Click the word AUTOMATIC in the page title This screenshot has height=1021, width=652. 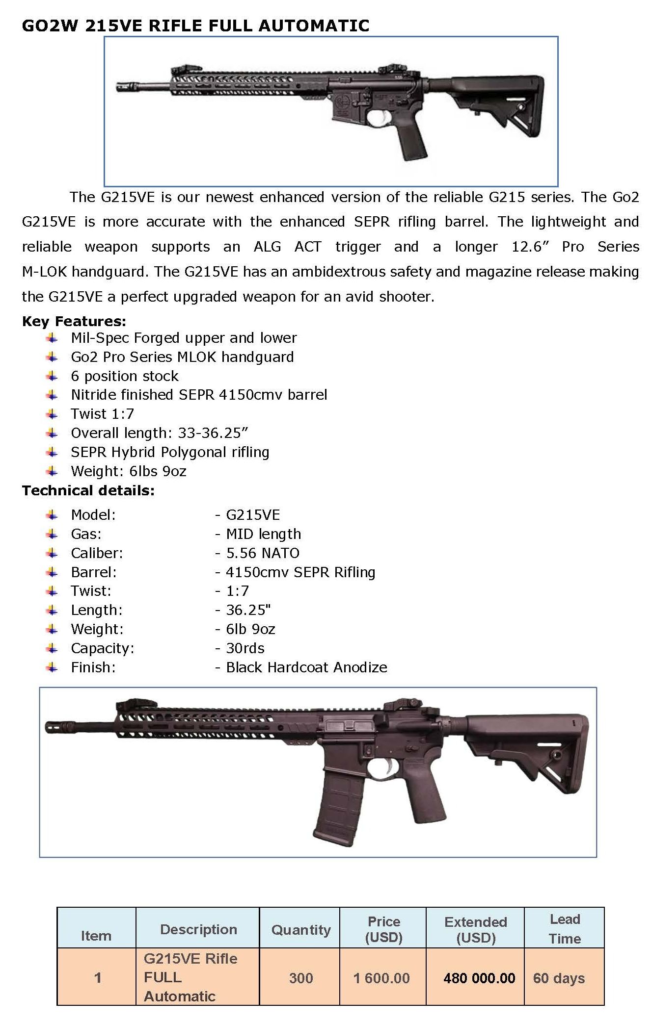(314, 26)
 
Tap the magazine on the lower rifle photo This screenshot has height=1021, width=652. (338, 804)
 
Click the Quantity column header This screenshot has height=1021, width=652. (300, 930)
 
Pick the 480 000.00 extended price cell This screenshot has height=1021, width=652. (479, 978)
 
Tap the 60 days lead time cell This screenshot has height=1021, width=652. (559, 978)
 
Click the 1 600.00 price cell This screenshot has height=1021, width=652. (381, 978)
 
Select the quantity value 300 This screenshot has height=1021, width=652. (300, 978)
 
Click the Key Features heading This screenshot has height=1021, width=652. (74, 321)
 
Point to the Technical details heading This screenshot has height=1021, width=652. (88, 490)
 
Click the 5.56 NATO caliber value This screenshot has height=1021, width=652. (262, 553)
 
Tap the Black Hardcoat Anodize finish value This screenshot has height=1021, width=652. (306, 667)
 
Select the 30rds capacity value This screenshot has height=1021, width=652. (245, 648)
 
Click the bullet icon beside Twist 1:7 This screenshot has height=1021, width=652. (52, 414)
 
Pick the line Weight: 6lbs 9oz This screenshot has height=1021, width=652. (129, 471)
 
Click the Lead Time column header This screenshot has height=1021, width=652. (565, 929)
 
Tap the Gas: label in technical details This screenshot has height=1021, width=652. (86, 534)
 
